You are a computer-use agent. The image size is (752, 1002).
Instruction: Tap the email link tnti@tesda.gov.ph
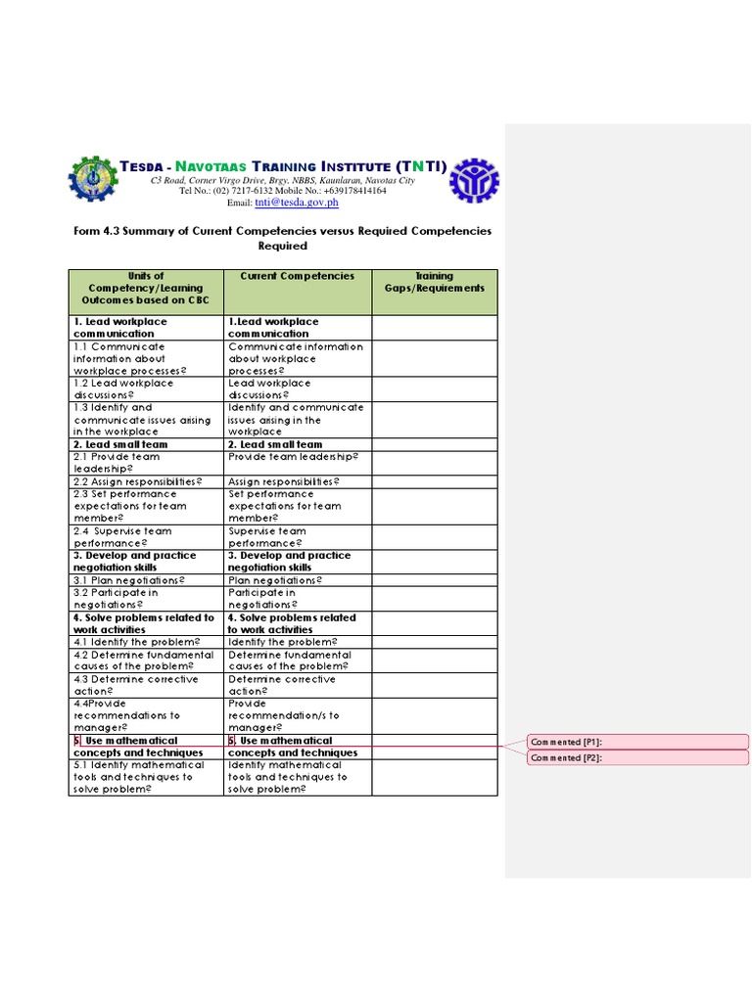pyautogui.click(x=297, y=203)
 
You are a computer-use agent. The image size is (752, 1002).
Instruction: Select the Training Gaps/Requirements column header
pyautogui.click(x=434, y=283)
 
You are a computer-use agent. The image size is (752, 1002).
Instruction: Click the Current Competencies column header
pyautogui.click(x=298, y=277)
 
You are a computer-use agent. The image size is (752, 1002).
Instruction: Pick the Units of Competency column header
pyautogui.click(x=146, y=289)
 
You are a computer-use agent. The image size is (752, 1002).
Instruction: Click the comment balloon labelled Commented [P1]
pyautogui.click(x=637, y=742)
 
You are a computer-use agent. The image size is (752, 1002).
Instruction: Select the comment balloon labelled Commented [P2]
pyautogui.click(x=637, y=757)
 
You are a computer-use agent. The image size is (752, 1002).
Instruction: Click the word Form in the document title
pyautogui.click(x=87, y=231)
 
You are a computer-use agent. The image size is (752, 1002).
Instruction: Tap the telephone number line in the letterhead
pyautogui.click(x=282, y=191)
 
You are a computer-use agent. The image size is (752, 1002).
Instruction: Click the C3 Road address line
pyautogui.click(x=282, y=181)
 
